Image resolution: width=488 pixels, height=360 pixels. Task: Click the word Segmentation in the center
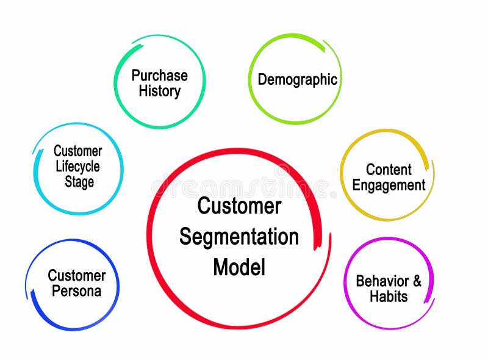click(239, 237)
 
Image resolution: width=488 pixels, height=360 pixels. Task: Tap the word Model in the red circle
click(239, 267)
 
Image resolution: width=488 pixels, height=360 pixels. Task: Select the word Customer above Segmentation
click(239, 206)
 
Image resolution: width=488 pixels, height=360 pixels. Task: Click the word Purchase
click(159, 76)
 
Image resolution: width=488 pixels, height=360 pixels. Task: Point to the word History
click(159, 92)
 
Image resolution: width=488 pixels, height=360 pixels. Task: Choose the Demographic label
click(297, 79)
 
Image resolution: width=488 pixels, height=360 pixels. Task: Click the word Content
click(389, 170)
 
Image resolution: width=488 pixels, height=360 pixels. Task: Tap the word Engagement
click(389, 185)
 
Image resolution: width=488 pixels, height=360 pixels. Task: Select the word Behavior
click(382, 281)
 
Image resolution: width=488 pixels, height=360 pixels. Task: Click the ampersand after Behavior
click(416, 281)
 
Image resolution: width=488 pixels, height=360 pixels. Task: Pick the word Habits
click(389, 297)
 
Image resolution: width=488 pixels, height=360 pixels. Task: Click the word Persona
click(76, 291)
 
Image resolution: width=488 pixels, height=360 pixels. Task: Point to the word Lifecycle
click(77, 166)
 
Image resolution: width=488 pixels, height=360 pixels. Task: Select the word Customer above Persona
click(76, 275)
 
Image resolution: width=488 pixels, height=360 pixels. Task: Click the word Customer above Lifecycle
click(77, 151)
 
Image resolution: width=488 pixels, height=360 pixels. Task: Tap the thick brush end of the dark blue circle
click(34, 300)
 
